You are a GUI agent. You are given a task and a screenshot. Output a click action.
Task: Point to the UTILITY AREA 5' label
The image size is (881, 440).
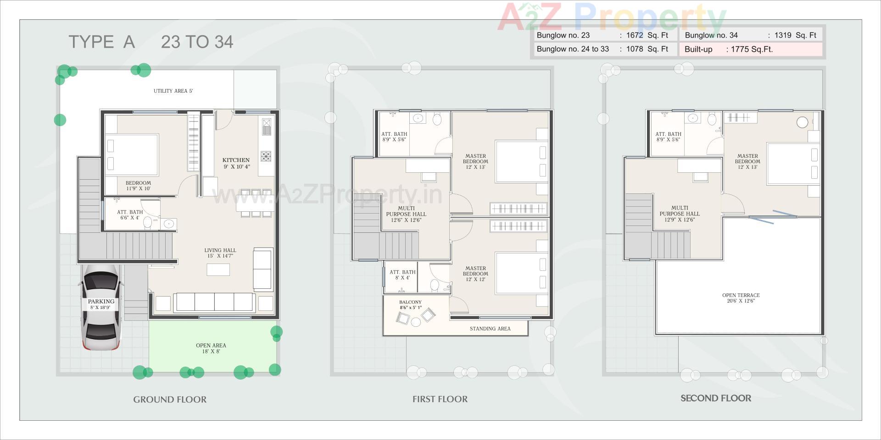tap(173, 91)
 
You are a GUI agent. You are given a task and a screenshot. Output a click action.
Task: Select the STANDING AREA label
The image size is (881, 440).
tap(490, 329)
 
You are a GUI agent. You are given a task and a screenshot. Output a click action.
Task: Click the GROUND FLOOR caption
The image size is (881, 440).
tap(170, 400)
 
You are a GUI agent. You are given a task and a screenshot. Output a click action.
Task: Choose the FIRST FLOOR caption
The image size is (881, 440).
tap(440, 399)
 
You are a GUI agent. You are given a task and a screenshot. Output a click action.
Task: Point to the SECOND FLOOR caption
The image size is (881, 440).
tap(715, 398)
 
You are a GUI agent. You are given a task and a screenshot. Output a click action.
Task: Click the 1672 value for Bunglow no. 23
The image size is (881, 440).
tap(635, 35)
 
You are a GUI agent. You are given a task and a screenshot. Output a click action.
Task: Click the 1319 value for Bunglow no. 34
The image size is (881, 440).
tap(783, 35)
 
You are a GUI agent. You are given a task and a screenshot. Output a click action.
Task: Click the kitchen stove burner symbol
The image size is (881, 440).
tap(266, 156)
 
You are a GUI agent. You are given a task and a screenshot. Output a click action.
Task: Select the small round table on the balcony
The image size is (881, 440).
tap(416, 322)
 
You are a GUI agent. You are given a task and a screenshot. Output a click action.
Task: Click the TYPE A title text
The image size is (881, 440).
tap(102, 42)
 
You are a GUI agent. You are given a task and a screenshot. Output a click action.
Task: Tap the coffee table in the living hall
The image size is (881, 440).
tap(218, 269)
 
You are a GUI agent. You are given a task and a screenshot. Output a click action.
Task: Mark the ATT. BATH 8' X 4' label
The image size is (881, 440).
tap(402, 275)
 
